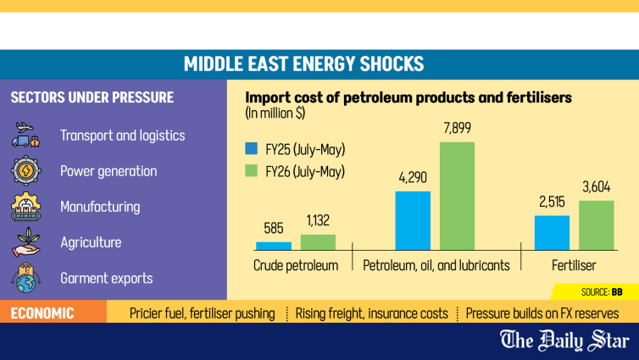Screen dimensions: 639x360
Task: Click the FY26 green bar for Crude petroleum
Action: tap(318, 242)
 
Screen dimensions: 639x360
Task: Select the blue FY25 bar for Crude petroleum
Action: tap(274, 246)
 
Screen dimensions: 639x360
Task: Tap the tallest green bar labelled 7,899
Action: tap(457, 196)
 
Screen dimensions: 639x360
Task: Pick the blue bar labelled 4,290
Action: tap(413, 221)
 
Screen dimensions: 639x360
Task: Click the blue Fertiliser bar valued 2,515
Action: tap(552, 233)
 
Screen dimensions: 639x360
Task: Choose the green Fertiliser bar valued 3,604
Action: tap(597, 225)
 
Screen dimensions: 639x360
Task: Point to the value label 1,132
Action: tap(318, 220)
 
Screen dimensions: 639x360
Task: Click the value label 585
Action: tap(274, 228)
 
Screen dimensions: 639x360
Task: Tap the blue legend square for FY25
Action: tap(252, 148)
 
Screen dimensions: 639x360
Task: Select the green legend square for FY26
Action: tap(252, 170)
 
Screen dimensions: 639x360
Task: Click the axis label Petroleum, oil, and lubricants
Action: tap(436, 265)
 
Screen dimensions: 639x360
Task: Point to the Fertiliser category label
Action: tap(574, 265)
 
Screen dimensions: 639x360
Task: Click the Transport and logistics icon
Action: tap(25, 135)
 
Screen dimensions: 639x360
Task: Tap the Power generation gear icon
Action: tap(25, 170)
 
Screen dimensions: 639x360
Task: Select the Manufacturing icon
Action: tap(25, 206)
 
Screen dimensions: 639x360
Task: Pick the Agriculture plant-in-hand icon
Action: tap(26, 242)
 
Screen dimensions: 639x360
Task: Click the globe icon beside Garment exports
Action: tap(25, 278)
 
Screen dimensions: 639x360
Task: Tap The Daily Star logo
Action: tap(564, 341)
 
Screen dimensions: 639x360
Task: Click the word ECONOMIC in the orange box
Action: tap(42, 313)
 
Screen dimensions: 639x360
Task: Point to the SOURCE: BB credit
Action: tap(602, 292)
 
